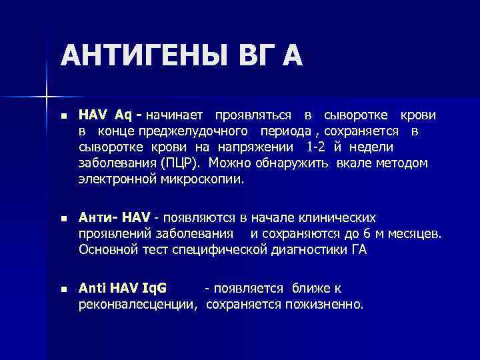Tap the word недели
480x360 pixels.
(372, 147)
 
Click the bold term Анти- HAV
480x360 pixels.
(114, 218)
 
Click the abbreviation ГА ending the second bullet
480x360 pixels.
(358, 250)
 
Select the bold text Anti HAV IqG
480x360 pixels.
(123, 289)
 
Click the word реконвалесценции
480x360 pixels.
(137, 305)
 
